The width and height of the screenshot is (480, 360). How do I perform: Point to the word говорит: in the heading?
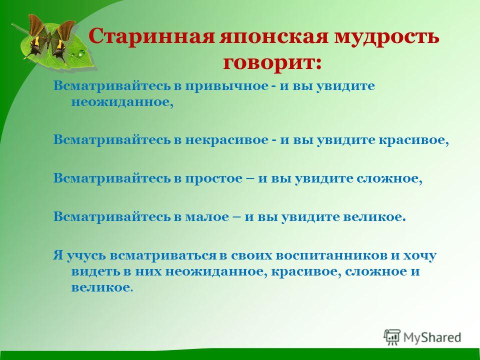[x=272, y=63]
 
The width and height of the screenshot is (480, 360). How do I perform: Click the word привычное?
[x=226, y=86]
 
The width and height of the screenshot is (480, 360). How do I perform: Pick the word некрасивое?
[x=226, y=140]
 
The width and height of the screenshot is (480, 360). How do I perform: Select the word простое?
[x=213, y=178]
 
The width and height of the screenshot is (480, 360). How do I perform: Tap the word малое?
[x=206, y=216]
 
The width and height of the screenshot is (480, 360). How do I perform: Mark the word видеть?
[x=95, y=271]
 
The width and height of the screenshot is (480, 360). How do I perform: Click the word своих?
[x=251, y=255]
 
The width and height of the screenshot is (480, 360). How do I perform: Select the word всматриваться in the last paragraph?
[x=162, y=255]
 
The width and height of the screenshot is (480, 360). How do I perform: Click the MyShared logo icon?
[x=392, y=337]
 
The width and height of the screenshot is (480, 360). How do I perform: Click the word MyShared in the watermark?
[x=432, y=337]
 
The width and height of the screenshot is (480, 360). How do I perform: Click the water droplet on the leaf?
[x=81, y=54]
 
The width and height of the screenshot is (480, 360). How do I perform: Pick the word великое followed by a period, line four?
[x=374, y=216]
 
